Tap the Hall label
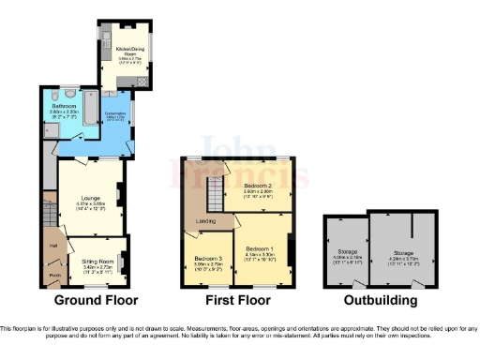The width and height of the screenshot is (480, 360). pyautogui.click(x=52, y=247)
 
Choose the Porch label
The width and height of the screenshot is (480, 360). pyautogui.click(x=53, y=276)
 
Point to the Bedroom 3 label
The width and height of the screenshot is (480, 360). pyautogui.click(x=208, y=258)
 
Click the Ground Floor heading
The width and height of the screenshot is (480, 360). pyautogui.click(x=96, y=301)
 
